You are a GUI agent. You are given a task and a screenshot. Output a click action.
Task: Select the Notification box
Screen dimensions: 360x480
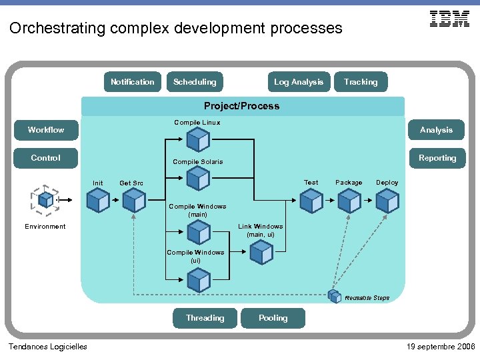click(x=133, y=82)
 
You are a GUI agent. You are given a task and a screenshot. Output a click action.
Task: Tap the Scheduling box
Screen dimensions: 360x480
click(x=195, y=82)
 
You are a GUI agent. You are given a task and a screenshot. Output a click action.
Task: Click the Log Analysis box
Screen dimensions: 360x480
click(x=298, y=82)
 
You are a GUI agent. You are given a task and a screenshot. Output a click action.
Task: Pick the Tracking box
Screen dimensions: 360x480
click(x=361, y=82)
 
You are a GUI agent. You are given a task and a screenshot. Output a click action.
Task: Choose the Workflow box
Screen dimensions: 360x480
click(x=46, y=130)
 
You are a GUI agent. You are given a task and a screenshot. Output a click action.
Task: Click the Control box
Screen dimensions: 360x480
click(x=46, y=158)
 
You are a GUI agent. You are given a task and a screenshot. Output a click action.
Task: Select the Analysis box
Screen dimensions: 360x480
click(x=437, y=130)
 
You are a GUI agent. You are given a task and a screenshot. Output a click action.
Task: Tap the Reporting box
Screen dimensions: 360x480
click(x=437, y=158)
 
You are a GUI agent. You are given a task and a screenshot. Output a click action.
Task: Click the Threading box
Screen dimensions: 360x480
click(x=205, y=318)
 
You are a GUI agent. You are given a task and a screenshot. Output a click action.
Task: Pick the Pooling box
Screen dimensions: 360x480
click(x=273, y=318)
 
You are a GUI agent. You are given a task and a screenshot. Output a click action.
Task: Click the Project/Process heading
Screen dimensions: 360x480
click(x=242, y=106)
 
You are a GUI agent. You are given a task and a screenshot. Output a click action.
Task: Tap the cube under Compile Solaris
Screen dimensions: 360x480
click(x=198, y=179)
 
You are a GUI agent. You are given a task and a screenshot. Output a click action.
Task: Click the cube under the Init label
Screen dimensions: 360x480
click(x=99, y=200)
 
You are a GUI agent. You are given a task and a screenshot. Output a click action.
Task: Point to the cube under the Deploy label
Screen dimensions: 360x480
click(x=387, y=200)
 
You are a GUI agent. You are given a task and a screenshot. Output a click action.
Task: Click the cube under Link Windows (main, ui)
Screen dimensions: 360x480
click(x=261, y=252)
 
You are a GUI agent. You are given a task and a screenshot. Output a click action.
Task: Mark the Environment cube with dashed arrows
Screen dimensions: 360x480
click(x=45, y=199)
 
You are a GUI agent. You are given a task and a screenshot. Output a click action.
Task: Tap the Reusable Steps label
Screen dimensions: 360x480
click(x=367, y=298)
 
